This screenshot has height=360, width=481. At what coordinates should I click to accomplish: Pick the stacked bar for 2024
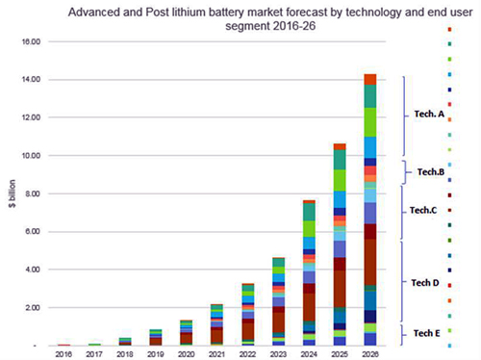coord(309,273)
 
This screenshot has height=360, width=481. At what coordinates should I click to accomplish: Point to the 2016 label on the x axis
coord(63,354)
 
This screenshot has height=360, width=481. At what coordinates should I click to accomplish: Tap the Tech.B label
coord(429,172)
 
